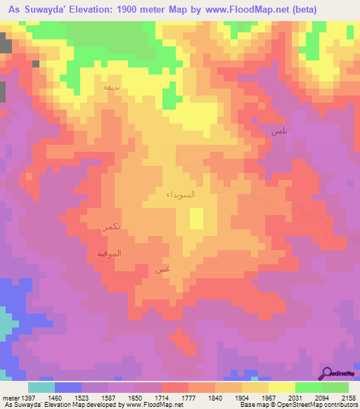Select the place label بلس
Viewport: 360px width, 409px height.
click(277, 131)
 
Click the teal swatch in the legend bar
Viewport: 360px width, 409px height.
click(41, 387)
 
